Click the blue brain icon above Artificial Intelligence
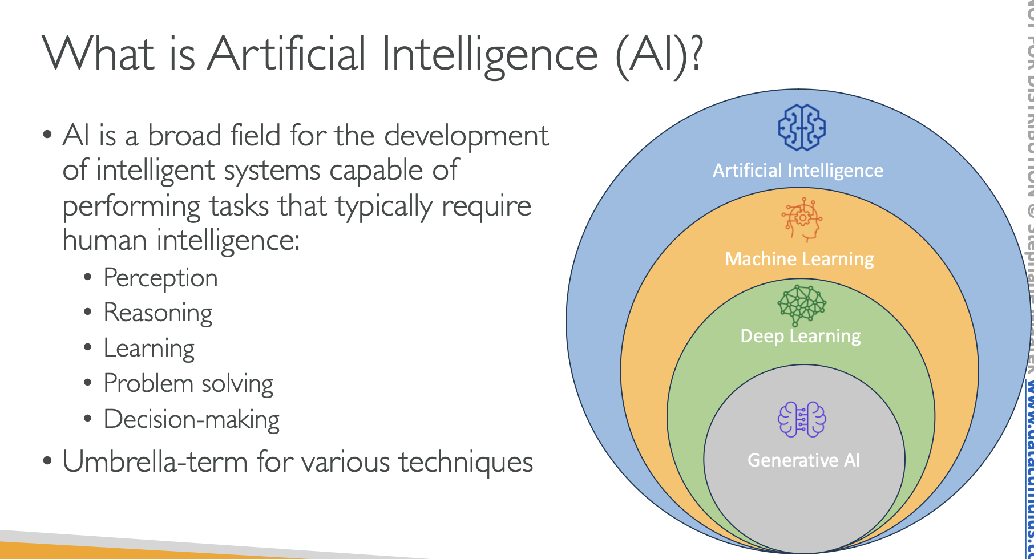point(802,128)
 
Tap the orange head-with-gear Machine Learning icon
point(802,220)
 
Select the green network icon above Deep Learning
point(802,303)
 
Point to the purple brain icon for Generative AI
point(802,419)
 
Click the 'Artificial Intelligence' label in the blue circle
point(798,171)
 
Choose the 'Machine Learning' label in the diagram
point(799,259)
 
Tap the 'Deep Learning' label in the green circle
point(800,336)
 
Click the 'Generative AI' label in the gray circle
point(803,460)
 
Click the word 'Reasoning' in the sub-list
point(157,314)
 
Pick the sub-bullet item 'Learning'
point(149,349)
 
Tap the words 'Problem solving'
point(188,384)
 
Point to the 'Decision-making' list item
point(191,419)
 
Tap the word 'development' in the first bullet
point(466,136)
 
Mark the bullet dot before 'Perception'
point(87,277)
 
